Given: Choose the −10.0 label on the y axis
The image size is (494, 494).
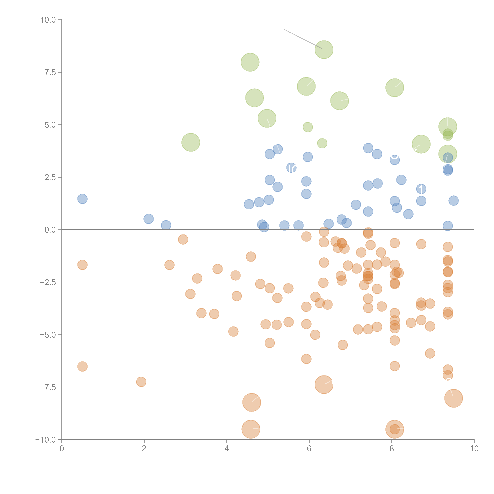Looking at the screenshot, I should (46, 440).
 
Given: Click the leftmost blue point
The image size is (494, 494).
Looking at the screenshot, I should (82, 199).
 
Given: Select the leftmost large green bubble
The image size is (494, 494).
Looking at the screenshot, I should (191, 142).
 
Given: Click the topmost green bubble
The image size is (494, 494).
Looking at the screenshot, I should (324, 50).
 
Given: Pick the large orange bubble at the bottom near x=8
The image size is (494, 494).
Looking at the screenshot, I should (395, 429).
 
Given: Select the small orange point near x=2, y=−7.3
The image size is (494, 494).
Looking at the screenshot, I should (141, 382).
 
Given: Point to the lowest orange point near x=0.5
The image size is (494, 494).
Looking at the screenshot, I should (82, 366).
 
